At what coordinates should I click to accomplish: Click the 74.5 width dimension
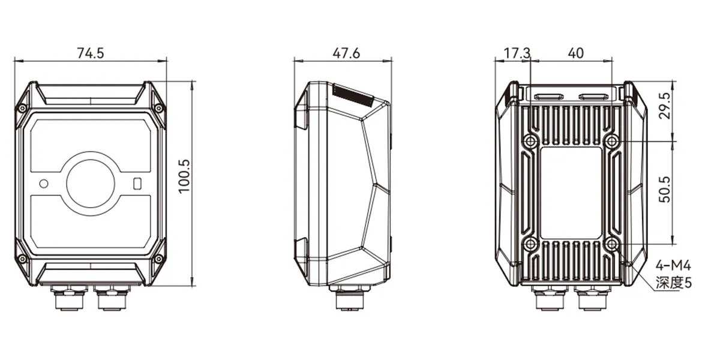(91, 53)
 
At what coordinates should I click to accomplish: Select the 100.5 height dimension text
(185, 176)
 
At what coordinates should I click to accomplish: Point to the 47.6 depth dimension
(346, 53)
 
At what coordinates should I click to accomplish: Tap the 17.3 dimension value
(517, 53)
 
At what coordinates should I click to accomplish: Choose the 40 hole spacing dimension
(575, 53)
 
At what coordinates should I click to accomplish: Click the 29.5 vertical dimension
(665, 106)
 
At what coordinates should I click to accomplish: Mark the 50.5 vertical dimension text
(665, 190)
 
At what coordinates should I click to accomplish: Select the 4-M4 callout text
(673, 266)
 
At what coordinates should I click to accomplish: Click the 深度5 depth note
(673, 283)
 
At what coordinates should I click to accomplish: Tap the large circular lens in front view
(91, 184)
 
